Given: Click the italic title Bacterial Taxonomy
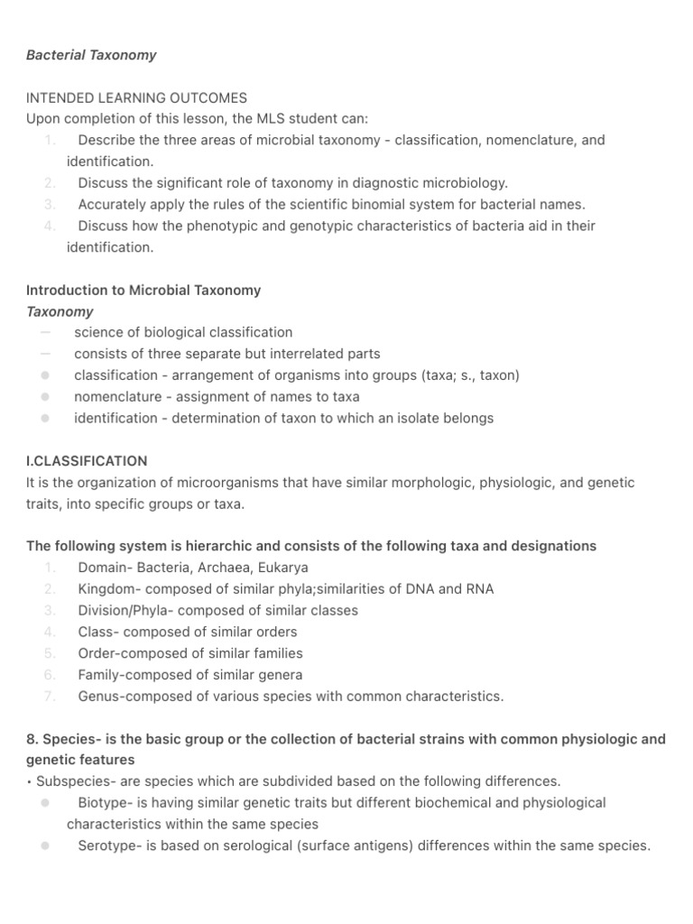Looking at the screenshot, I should (x=91, y=55).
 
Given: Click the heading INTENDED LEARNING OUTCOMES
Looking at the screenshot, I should (x=136, y=97).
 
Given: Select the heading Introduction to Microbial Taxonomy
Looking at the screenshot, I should (x=143, y=291).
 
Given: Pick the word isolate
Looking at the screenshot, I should (x=405, y=418).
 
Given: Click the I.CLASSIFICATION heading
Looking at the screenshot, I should (x=87, y=461).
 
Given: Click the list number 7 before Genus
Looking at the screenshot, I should (x=50, y=697).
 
